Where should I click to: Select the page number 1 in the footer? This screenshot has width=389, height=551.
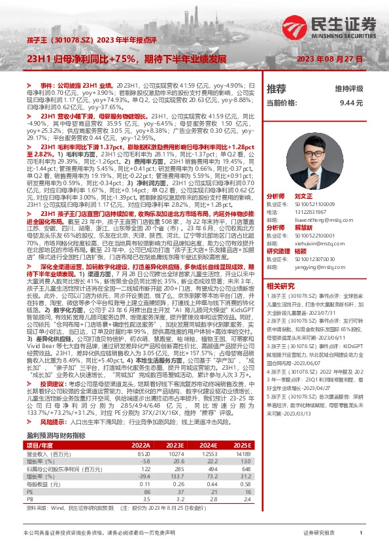[361, 533]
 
